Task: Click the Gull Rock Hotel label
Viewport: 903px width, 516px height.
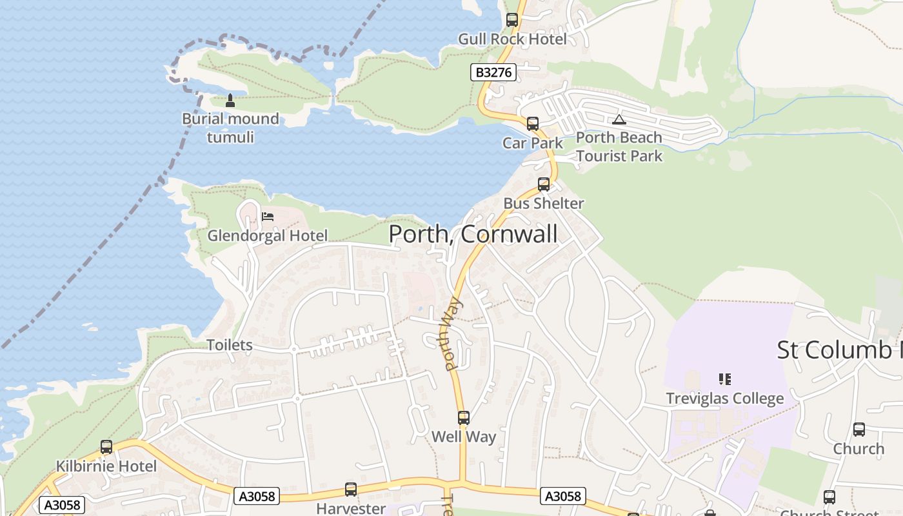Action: coord(512,39)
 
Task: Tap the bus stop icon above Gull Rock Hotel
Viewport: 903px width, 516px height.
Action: coord(512,20)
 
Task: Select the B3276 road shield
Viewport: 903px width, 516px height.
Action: coord(493,72)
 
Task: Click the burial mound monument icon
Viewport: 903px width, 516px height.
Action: coord(230,100)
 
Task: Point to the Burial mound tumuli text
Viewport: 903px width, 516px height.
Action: coord(230,128)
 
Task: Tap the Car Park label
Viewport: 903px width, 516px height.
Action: coord(533,143)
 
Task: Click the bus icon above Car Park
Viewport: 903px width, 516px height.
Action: coord(532,124)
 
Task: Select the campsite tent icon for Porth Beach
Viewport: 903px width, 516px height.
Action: coord(619,119)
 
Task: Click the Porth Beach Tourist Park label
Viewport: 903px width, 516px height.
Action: coord(619,146)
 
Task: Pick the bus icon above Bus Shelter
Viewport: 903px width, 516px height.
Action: coord(544,184)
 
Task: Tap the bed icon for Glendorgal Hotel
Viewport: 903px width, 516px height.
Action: coord(268,216)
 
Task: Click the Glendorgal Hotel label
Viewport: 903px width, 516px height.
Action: coord(267,235)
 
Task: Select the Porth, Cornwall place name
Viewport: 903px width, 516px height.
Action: coord(473,233)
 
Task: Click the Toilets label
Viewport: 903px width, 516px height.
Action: coord(230,345)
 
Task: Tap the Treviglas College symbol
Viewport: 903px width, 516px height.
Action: coord(725,379)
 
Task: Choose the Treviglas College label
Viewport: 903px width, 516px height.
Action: coord(725,399)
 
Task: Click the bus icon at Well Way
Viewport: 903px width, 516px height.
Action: coord(464,418)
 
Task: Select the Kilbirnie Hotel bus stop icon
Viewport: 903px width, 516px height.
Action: coord(106,447)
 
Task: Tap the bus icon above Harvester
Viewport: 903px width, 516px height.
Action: coord(351,490)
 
